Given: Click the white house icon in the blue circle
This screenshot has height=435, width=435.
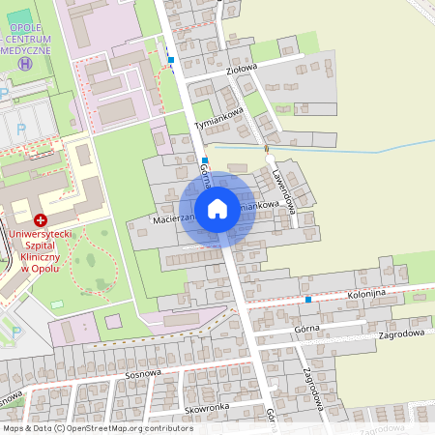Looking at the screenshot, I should (217, 209).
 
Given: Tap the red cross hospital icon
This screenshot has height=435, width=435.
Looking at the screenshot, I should (40, 220).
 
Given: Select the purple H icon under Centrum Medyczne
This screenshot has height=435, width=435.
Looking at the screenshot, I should (25, 64).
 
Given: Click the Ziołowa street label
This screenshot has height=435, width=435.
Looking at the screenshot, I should (242, 69).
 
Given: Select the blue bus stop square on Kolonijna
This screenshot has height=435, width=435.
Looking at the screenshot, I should (307, 300).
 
